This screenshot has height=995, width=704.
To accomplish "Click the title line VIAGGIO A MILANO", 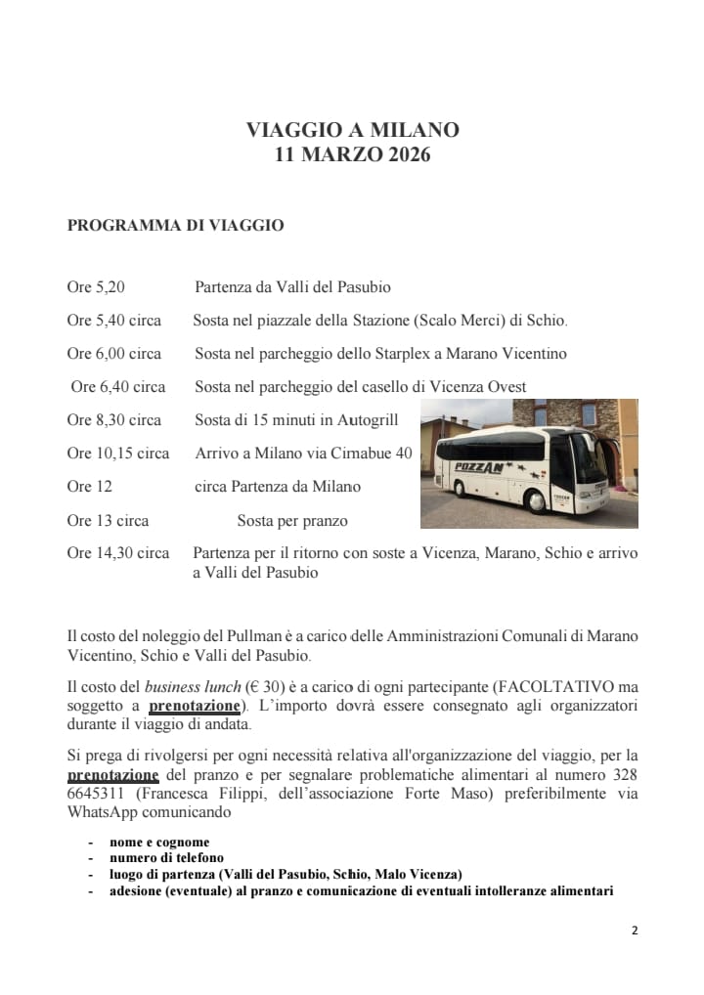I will coord(352,130).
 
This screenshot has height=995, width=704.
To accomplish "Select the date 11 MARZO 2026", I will coord(352,154).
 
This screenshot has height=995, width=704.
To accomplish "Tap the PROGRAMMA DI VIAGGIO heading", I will coord(175,226).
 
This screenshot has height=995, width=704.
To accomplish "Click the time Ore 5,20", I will coord(96,287).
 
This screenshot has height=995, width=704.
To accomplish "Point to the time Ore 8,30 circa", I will coord(114,420).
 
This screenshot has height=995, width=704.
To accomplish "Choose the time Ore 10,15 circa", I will coord(118,454).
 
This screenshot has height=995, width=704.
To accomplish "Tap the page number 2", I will coord(634,930).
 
